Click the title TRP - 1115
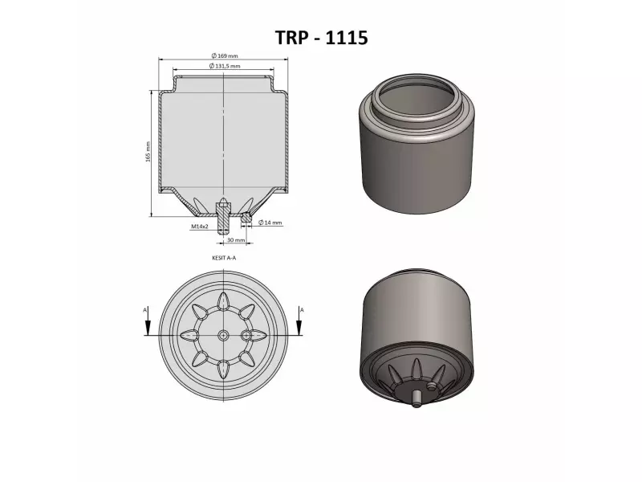point(321,38)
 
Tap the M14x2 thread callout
point(200,227)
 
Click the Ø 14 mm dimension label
point(270,223)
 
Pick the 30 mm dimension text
point(235,240)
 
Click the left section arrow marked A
point(148,321)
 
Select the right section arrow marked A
point(299,321)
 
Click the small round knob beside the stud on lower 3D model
point(433,388)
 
